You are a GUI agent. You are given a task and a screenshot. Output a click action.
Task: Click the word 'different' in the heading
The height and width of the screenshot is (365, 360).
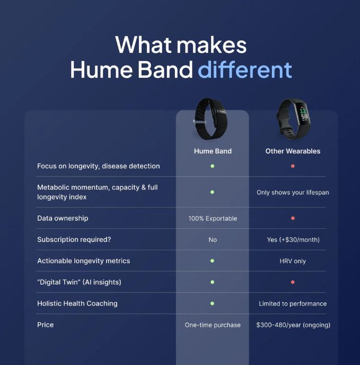pyautogui.click(x=245, y=69)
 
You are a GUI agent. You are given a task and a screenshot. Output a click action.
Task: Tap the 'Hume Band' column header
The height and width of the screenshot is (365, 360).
pyautogui.click(x=213, y=151)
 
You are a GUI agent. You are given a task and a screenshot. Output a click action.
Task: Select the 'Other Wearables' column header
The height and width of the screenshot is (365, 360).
pyautogui.click(x=293, y=151)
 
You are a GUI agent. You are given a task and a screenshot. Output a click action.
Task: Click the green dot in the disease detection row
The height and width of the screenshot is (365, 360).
pyautogui.click(x=212, y=166)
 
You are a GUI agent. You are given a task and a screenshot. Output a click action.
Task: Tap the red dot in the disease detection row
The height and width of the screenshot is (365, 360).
pyautogui.click(x=293, y=166)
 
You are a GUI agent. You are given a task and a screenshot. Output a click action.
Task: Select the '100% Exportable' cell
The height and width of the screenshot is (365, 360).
pyautogui.click(x=213, y=218)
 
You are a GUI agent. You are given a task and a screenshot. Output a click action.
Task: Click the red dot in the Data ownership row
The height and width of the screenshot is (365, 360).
pyautogui.click(x=293, y=218)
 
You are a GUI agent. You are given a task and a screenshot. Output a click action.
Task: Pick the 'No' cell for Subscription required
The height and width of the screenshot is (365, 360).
pyautogui.click(x=213, y=239)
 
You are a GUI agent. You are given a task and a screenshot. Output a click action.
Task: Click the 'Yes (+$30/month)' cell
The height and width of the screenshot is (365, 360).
pyautogui.click(x=293, y=239)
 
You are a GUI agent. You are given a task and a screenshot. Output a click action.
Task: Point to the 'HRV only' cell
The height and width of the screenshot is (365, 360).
pyautogui.click(x=293, y=261)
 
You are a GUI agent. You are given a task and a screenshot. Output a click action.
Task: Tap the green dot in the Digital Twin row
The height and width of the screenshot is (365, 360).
pyautogui.click(x=212, y=282)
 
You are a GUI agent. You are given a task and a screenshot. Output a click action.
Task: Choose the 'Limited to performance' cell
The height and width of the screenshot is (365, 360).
pyautogui.click(x=293, y=304)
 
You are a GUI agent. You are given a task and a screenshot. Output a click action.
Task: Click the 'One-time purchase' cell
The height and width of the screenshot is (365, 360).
pyautogui.click(x=213, y=325)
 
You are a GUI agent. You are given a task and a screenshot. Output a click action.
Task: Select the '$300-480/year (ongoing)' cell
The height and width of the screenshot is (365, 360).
pyautogui.click(x=293, y=325)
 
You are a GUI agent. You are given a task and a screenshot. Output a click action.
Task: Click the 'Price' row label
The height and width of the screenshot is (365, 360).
pyautogui.click(x=46, y=325)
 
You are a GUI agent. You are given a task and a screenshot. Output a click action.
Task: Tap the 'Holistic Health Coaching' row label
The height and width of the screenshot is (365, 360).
pyautogui.click(x=77, y=304)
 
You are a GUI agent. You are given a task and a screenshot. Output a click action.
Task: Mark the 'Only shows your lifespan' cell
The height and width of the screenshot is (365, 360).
pyautogui.click(x=293, y=192)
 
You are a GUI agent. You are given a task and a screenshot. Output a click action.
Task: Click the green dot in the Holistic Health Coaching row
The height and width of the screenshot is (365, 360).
pyautogui.click(x=212, y=304)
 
